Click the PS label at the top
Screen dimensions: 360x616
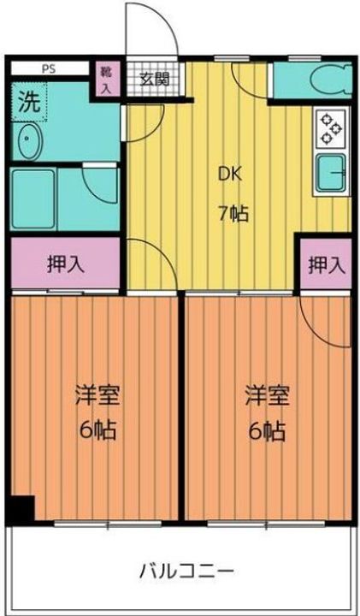tap(49, 69)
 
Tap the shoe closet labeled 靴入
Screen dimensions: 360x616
tap(106, 79)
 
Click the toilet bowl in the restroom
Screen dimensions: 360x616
tap(331, 80)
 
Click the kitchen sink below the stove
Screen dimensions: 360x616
tap(331, 172)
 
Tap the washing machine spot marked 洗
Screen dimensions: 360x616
tap(29, 102)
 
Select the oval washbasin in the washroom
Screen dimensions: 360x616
tap(27, 140)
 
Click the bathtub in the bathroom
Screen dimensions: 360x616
tap(33, 198)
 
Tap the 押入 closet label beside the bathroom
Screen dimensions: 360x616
tap(66, 264)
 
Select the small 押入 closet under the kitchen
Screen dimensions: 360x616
tap(327, 265)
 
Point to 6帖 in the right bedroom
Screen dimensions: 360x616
tap(267, 431)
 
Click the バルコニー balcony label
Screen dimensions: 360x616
tap(187, 571)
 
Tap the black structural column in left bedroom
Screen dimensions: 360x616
tap(21, 509)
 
